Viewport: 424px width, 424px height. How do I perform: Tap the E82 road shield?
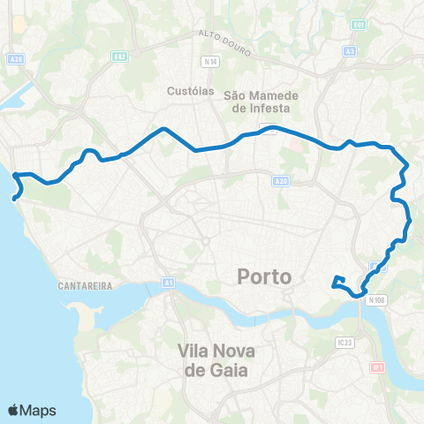tap(120, 56)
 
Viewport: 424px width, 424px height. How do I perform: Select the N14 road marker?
tap(209, 62)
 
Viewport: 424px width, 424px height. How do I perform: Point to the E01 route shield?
tap(359, 24)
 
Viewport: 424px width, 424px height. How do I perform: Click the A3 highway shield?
tap(351, 51)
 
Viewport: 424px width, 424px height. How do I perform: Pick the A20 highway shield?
tap(280, 181)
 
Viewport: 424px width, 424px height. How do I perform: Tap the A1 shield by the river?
tap(168, 283)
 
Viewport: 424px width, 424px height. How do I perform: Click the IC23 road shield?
tap(344, 341)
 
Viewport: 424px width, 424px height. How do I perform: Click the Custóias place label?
tap(186, 90)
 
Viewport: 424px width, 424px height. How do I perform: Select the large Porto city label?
tap(264, 276)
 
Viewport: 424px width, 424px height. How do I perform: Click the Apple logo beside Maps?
tap(14, 410)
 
